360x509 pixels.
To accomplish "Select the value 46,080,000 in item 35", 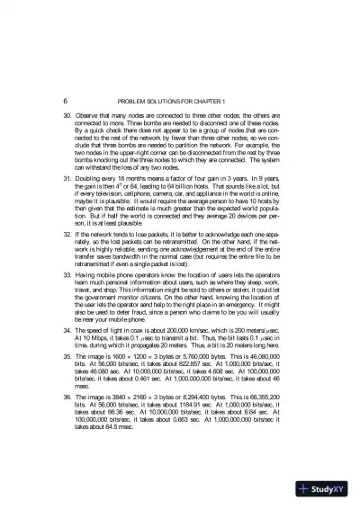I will (268, 381).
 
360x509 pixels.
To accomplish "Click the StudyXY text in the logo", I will (324, 491).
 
